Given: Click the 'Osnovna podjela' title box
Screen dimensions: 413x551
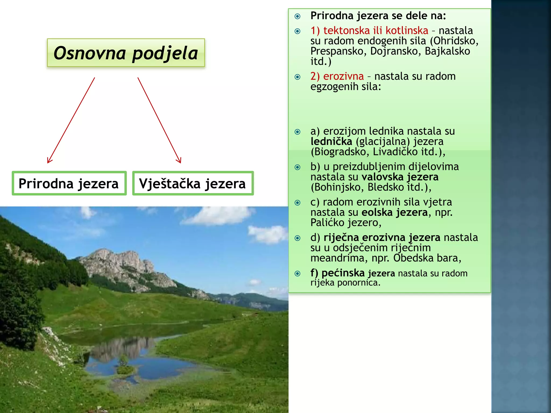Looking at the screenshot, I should click(x=126, y=53).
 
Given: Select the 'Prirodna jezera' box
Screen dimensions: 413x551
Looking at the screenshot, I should click(x=69, y=183).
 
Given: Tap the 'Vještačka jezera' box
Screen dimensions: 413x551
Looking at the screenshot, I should click(x=193, y=183).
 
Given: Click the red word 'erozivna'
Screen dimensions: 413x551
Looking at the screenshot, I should click(x=343, y=76).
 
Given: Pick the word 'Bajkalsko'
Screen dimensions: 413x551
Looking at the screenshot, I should click(x=447, y=51).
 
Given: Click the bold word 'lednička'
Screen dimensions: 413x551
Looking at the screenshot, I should click(x=331, y=141).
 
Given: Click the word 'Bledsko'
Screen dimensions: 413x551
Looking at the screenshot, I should click(x=386, y=187).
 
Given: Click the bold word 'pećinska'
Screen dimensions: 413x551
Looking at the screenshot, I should click(x=343, y=273).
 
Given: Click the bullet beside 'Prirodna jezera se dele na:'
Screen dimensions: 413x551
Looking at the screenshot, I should click(x=297, y=16).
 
